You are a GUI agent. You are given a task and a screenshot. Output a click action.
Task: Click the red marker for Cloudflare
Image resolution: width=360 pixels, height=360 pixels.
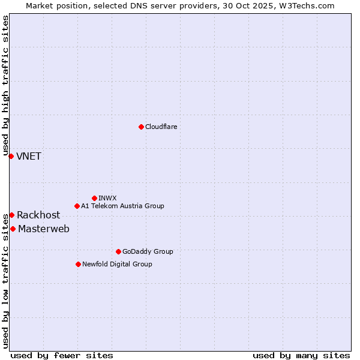(x=141, y=127)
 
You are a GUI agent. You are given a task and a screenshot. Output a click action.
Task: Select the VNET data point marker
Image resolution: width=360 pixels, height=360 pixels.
(x=11, y=156)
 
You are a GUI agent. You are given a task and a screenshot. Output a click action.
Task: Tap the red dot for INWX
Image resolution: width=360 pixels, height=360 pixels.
(x=94, y=198)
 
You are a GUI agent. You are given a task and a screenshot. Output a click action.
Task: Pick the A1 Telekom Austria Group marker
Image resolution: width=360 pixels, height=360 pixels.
(x=77, y=206)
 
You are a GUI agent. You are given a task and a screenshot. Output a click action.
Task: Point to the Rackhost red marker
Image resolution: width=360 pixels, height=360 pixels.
(x=11, y=215)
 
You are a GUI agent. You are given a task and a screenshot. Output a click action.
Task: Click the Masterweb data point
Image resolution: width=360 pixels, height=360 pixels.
(x=13, y=229)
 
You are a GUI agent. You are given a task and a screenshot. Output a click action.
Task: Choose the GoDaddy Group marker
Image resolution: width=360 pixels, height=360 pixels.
(x=118, y=251)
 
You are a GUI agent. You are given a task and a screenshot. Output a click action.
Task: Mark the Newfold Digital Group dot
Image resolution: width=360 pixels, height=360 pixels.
(x=78, y=264)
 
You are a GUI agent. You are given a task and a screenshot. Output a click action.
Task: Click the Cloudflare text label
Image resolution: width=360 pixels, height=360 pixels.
(x=161, y=127)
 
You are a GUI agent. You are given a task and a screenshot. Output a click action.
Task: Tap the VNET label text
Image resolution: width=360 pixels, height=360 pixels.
(x=29, y=157)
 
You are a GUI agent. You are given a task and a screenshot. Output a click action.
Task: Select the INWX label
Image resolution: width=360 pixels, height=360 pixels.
(x=107, y=198)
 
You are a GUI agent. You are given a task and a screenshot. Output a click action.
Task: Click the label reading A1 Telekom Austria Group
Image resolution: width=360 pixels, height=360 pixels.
(x=122, y=206)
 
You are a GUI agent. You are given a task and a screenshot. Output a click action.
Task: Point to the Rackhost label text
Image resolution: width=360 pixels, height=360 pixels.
(x=38, y=215)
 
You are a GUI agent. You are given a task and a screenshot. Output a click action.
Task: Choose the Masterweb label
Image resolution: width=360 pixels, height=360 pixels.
(x=44, y=229)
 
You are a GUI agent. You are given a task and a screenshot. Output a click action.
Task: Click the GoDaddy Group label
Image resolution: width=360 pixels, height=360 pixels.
(x=148, y=251)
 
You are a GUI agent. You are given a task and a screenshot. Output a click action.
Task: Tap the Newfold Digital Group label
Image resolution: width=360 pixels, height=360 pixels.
(x=117, y=264)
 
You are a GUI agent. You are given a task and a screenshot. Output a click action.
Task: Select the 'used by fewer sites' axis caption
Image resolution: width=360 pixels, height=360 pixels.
(x=62, y=355)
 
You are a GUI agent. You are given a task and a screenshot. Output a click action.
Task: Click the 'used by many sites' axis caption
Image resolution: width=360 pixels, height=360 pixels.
(x=301, y=355)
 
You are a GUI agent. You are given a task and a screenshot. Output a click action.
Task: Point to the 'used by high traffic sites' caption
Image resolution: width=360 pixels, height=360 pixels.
(x=5, y=86)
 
